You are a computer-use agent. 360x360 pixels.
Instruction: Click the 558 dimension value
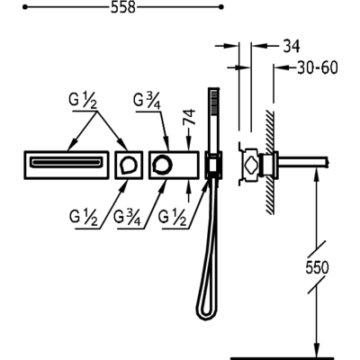pos(123,7)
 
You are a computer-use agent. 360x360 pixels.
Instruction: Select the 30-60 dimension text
pos(318,67)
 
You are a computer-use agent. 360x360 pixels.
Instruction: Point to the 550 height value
pos(317,267)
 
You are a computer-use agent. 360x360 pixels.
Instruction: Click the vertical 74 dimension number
pos(190,117)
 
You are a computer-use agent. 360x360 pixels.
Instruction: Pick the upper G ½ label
pos(83,100)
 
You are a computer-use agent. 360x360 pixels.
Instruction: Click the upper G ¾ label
pos(148,101)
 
